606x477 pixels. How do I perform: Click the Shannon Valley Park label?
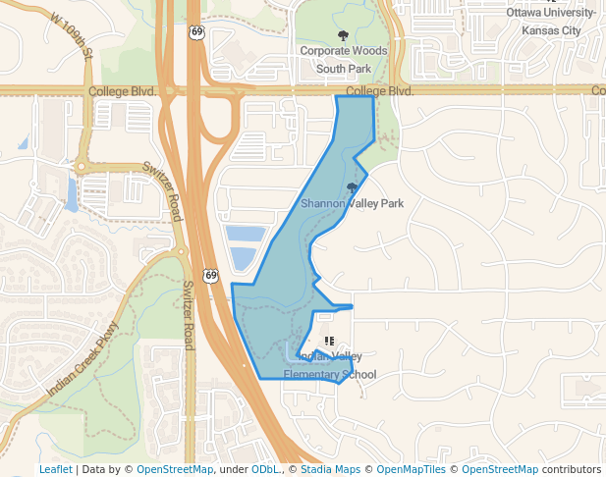point(352,203)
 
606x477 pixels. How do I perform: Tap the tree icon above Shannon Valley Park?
point(352,187)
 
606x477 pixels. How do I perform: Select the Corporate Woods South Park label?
point(343,60)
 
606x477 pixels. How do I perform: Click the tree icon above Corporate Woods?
point(343,36)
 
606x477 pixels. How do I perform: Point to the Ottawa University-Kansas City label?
point(551,22)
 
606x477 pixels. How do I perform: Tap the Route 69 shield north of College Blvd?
point(197,32)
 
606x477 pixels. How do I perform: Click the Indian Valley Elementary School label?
point(330,365)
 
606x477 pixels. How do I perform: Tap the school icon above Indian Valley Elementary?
point(329,341)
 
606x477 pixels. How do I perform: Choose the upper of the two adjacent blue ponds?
point(246,234)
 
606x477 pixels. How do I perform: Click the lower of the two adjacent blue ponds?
point(243,259)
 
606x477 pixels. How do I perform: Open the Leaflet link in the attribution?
point(55,469)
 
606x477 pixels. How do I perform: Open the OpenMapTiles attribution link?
point(412,469)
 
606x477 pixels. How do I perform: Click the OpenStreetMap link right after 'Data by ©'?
point(175,469)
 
